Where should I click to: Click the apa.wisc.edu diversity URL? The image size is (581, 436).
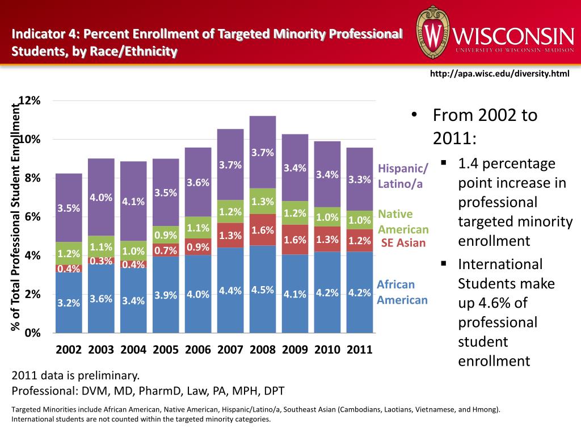coord(499,73)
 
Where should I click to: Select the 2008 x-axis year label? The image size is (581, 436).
coord(262,350)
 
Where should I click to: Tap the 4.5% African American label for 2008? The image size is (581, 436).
coord(263,290)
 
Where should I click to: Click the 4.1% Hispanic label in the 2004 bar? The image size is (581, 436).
coord(134,202)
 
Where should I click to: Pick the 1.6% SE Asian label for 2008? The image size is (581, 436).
coord(263,230)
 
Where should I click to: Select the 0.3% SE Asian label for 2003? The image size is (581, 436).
coord(101,261)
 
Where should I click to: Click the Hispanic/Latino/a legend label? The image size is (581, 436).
coord(404,176)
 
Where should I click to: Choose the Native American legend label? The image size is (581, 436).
coord(403,222)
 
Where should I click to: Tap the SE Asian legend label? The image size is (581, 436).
coord(403,243)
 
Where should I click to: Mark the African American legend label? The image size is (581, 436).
coord(402,292)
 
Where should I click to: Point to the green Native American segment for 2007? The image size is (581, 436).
coord(230,211)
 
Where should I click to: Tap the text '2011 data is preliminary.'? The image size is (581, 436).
coord(75,375)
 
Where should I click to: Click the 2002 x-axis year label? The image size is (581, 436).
coord(69,350)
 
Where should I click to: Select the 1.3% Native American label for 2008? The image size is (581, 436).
coord(263,201)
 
